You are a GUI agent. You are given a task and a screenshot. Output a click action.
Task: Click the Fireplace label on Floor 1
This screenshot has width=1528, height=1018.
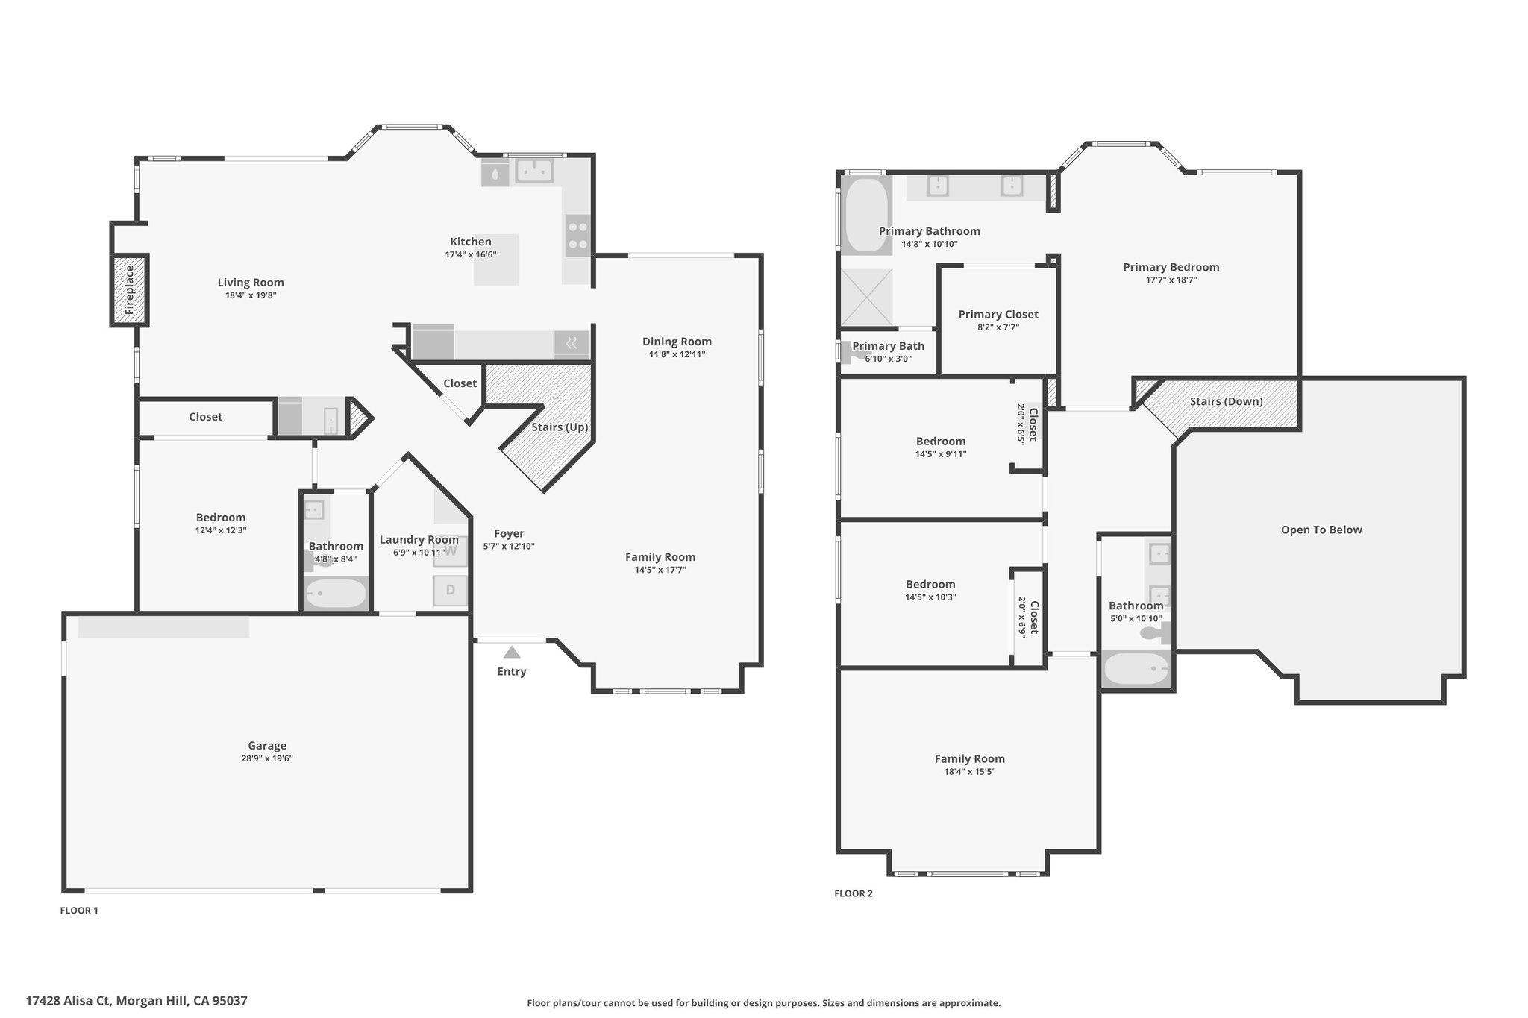tap(129, 289)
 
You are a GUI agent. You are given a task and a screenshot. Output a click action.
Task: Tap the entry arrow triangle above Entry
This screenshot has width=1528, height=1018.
tap(511, 653)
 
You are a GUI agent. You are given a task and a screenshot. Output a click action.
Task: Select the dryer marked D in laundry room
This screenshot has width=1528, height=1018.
tap(451, 590)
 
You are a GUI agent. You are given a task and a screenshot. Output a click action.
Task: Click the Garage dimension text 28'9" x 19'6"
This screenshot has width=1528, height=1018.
tap(266, 758)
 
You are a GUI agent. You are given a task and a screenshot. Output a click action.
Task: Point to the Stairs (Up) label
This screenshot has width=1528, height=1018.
tap(560, 427)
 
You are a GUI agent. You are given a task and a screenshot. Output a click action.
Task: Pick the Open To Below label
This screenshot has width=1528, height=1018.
tap(1321, 530)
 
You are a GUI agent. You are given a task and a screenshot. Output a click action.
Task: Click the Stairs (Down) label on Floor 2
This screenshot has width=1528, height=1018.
tap(1226, 401)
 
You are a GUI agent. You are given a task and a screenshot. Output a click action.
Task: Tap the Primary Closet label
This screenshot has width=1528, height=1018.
tap(998, 315)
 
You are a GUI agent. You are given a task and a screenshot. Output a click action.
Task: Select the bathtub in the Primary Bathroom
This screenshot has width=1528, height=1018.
tap(866, 216)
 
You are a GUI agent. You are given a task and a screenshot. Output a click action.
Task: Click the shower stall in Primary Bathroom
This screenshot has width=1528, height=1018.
tap(866, 298)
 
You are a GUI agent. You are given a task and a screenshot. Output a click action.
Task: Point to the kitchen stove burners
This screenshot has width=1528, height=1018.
tap(577, 236)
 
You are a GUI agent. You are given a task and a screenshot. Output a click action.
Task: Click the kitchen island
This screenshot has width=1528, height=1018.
tap(496, 260)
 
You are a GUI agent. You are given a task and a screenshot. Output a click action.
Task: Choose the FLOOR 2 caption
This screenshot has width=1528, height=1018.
tap(853, 893)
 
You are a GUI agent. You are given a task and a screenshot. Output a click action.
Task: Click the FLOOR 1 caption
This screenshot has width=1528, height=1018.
tap(79, 910)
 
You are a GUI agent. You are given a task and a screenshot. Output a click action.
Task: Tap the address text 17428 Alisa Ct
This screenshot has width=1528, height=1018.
tap(69, 1001)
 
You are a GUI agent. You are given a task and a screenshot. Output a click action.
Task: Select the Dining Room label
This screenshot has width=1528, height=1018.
tap(677, 342)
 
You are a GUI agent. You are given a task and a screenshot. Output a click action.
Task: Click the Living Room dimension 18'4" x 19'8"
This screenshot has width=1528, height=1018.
tap(251, 295)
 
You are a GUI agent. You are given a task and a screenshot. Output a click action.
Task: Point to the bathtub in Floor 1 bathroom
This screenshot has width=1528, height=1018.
tap(336, 594)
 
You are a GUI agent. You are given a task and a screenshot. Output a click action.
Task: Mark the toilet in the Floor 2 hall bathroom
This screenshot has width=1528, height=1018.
tap(1156, 634)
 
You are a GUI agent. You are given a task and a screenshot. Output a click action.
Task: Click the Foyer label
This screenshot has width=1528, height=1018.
tap(509, 533)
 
